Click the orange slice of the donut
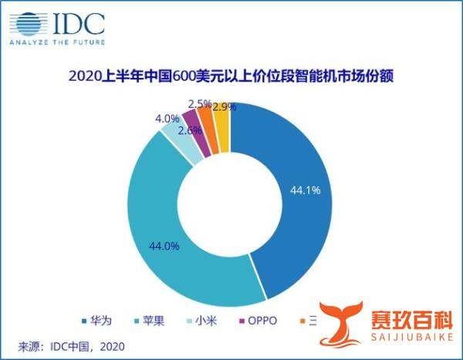point(206,117)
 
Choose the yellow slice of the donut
point(221,116)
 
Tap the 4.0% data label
point(167,119)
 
